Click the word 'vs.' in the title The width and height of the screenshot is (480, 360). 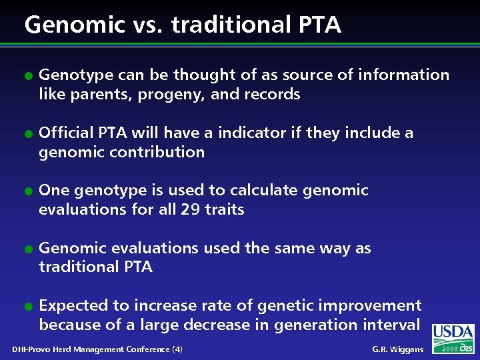coord(145,25)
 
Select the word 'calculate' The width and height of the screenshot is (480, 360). coord(259,191)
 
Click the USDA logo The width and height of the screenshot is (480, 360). coord(453,333)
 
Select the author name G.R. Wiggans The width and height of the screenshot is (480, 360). coord(397,349)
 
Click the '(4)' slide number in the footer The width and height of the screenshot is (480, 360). coord(177,349)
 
